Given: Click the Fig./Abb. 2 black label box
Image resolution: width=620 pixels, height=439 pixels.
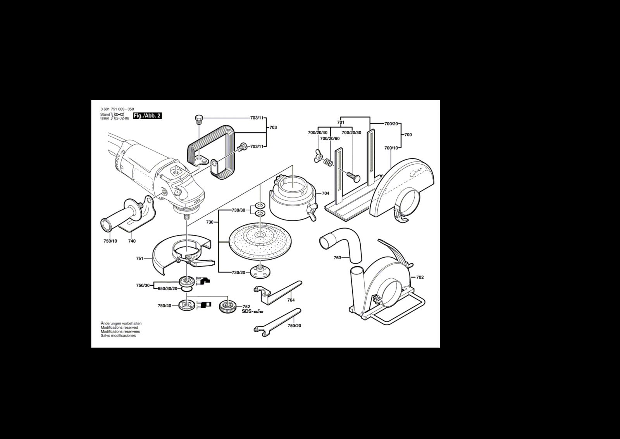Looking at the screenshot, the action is point(147,116).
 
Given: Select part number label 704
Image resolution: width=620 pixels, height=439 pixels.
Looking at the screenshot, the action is point(325,193).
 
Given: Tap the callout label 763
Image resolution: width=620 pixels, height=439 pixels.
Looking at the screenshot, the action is point(338,258).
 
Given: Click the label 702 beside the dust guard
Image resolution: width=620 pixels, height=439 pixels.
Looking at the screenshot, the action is point(420,277).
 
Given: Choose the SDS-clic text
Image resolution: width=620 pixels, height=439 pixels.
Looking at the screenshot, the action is point(253,311).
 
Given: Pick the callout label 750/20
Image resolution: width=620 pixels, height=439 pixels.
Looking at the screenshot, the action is point(294,326).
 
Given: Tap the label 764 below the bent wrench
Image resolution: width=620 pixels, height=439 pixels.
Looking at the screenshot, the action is point(291,300).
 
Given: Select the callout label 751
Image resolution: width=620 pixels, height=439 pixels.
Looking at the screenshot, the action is point(139,259).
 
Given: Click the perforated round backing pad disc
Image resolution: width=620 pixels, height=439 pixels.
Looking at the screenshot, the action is point(260,241).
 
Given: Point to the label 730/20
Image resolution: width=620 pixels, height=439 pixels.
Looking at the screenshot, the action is point(239,272).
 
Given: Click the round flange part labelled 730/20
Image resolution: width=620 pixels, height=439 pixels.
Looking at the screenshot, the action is point(260,271).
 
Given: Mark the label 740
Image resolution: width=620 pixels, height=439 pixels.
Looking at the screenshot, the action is point(132,241).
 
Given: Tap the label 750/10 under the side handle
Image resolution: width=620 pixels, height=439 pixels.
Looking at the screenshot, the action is point(110,241).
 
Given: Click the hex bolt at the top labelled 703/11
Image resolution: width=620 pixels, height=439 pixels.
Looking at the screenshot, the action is point(199,120).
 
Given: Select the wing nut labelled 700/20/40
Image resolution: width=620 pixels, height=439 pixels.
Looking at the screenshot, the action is point(317,156).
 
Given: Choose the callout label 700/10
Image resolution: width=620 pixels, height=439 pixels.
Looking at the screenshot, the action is point(391,148).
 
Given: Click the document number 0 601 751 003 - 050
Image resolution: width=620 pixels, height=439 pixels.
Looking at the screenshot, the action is point(117,109).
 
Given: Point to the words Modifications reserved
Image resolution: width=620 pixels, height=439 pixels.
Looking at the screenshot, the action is point(119,328).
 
